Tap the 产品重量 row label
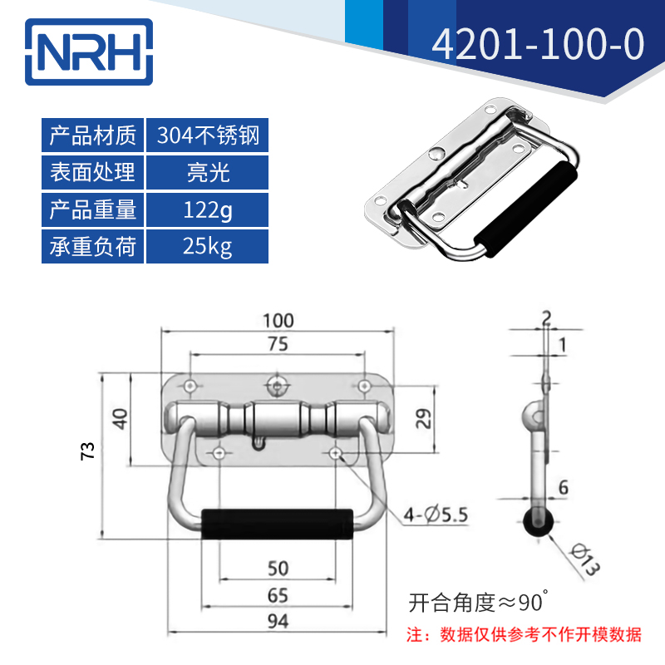93,209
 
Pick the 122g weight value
208,209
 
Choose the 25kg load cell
208,246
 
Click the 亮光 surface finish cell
208,173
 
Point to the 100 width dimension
278,320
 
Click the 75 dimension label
278,343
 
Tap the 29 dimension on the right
423,418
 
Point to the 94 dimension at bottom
278,620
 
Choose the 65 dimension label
278,594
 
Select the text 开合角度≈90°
478,600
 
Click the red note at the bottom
524,635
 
